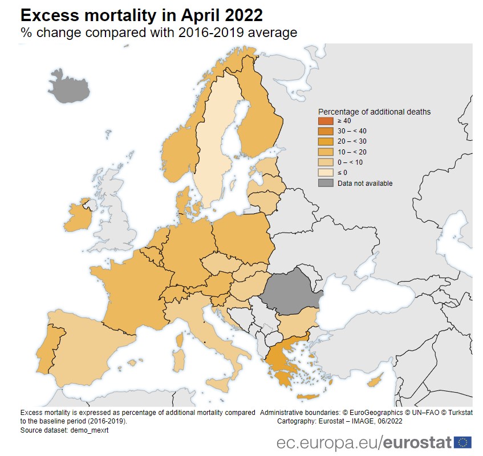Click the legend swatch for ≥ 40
[x=325, y=121]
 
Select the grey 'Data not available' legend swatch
[x=325, y=183]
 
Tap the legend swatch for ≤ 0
[x=325, y=173]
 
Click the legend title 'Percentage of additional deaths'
[x=374, y=111]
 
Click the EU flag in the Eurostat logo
[x=462, y=442]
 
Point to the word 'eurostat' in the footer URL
[x=417, y=442]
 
